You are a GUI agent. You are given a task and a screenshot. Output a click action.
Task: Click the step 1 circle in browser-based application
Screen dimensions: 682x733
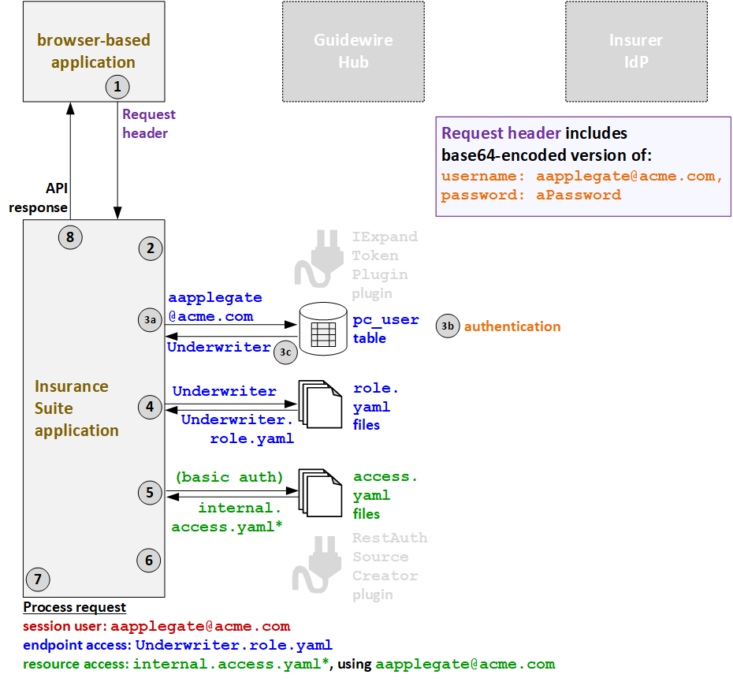pos(117,86)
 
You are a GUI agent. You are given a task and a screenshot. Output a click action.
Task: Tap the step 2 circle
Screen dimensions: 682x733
pos(150,248)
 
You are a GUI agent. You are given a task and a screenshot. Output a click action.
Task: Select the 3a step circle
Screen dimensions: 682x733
pos(150,319)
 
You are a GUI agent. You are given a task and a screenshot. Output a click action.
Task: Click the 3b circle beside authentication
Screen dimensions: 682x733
pos(448,326)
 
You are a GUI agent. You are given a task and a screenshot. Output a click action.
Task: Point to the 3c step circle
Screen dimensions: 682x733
pos(285,352)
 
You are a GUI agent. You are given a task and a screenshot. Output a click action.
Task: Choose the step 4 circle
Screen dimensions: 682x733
pos(150,408)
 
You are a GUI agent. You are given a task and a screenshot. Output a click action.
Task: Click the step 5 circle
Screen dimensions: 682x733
pos(150,494)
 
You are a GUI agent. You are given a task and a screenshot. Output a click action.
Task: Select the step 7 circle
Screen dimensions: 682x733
pos(37,580)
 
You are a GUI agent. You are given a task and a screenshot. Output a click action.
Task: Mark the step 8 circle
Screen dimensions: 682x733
pos(70,236)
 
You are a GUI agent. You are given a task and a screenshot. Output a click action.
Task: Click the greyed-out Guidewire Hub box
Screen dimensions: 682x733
pos(353,51)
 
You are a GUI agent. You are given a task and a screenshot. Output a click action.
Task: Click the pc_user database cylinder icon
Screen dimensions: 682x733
pos(323,329)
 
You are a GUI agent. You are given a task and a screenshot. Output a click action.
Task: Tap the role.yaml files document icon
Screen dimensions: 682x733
pos(319,407)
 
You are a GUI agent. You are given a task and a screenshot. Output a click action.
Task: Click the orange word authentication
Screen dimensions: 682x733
pos(512,326)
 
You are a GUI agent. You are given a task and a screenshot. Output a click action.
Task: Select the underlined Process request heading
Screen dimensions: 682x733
pos(74,607)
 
